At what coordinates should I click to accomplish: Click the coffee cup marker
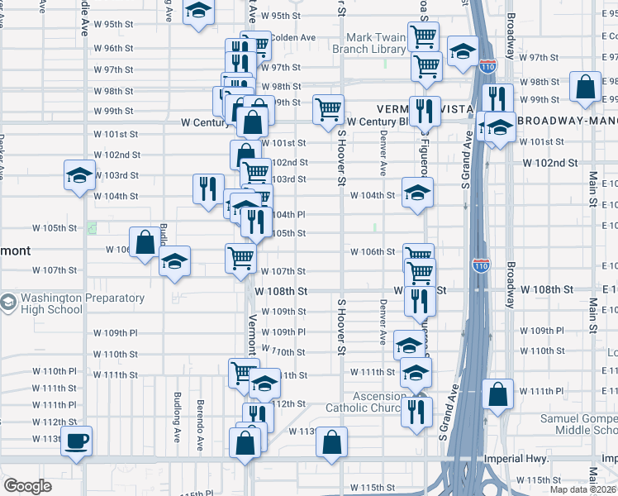point(77,440)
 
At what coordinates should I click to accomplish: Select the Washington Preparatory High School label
point(51,303)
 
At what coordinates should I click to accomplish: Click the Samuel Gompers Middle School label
point(578,424)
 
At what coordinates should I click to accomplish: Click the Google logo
point(27,486)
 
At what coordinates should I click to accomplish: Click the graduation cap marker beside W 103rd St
point(79,174)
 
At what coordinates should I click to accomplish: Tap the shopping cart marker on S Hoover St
point(328,107)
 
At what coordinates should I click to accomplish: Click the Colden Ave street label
point(293,37)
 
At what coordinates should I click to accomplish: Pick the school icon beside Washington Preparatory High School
point(9,303)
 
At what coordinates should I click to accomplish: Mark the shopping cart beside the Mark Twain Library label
point(424,36)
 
